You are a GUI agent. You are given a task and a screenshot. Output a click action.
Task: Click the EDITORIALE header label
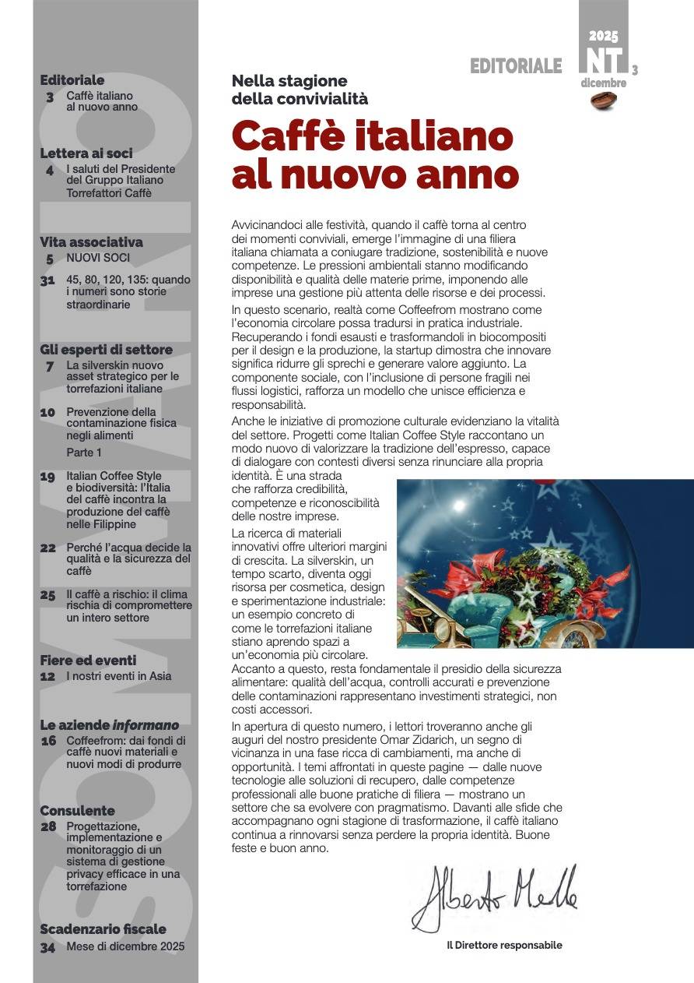[x=515, y=66]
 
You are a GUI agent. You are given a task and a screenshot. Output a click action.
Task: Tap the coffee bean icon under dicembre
[x=603, y=99]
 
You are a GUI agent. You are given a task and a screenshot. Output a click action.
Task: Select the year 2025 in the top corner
[x=603, y=36]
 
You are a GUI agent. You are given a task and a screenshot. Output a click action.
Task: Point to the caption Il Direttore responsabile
[x=503, y=945]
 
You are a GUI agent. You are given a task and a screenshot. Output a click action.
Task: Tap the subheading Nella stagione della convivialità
[x=300, y=90]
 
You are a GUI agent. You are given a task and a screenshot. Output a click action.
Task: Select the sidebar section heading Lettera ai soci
[x=86, y=153]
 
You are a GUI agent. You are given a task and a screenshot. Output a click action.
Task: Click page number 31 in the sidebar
[x=48, y=280]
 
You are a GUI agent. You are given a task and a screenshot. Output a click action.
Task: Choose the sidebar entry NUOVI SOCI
[x=98, y=258]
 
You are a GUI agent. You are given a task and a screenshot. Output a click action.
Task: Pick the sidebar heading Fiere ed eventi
[x=88, y=661]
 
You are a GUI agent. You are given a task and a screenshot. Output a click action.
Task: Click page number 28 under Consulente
[x=48, y=826]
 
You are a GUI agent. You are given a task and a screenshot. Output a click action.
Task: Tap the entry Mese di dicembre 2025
[x=125, y=947]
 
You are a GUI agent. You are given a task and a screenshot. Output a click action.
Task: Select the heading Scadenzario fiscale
[x=103, y=929]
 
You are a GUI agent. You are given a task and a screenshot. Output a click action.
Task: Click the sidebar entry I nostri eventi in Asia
[x=118, y=676]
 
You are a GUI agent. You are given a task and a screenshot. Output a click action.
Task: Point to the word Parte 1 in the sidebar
[x=84, y=453]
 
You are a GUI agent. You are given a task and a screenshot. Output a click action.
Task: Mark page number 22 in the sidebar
[x=48, y=548]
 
